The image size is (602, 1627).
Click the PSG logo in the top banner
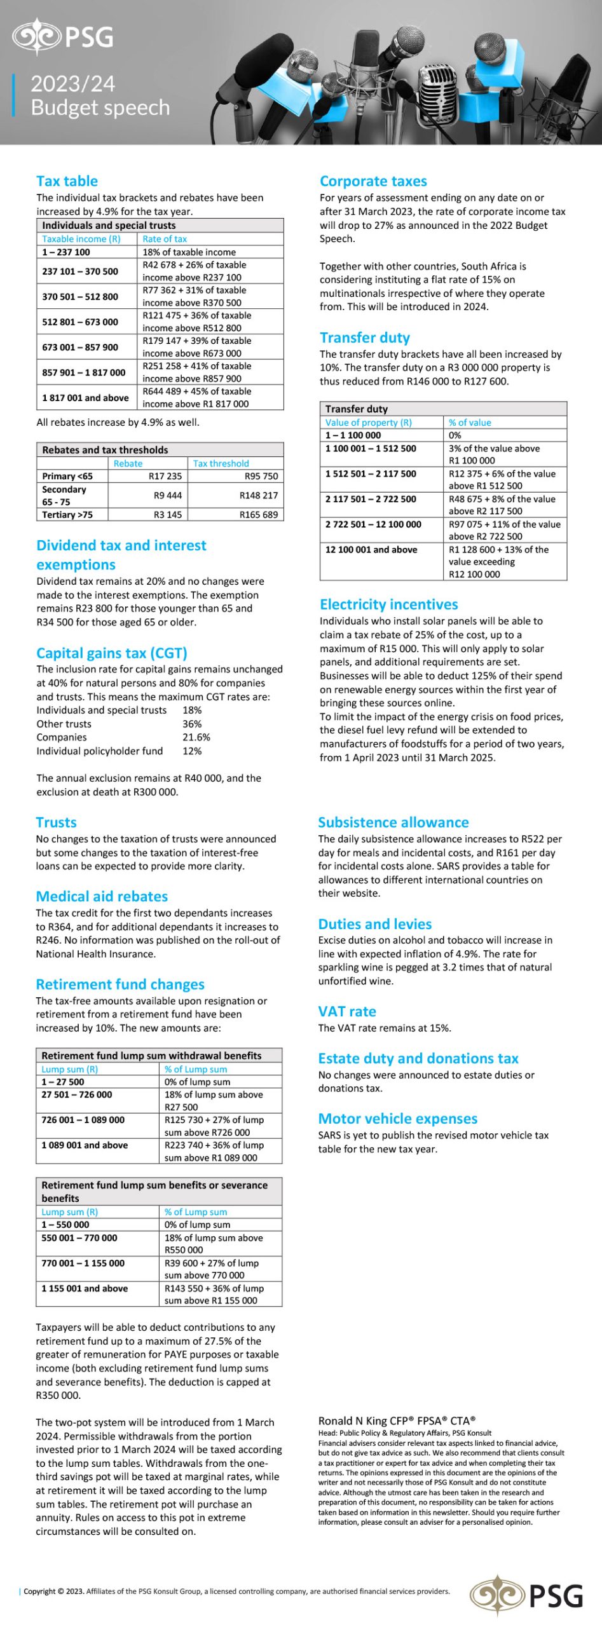(64, 36)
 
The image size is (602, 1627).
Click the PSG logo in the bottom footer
(526, 1595)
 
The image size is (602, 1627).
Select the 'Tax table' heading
(67, 181)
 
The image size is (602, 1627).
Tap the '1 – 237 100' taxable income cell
(66, 252)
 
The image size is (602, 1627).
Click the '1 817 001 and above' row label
(85, 398)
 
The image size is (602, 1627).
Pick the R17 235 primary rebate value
(165, 476)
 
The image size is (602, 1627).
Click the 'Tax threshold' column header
(221, 463)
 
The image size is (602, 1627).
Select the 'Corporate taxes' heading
(373, 181)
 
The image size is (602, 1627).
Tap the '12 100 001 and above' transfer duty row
(371, 550)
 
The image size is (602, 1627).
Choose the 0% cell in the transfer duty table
(455, 435)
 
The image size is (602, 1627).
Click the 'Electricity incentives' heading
(388, 604)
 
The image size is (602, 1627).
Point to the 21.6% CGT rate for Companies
(196, 737)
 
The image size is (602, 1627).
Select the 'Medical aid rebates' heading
(102, 896)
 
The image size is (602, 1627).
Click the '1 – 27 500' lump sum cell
(62, 1082)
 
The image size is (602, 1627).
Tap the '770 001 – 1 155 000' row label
(83, 1263)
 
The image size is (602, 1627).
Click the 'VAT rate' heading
(347, 1011)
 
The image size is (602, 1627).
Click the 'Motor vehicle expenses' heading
(397, 1119)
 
